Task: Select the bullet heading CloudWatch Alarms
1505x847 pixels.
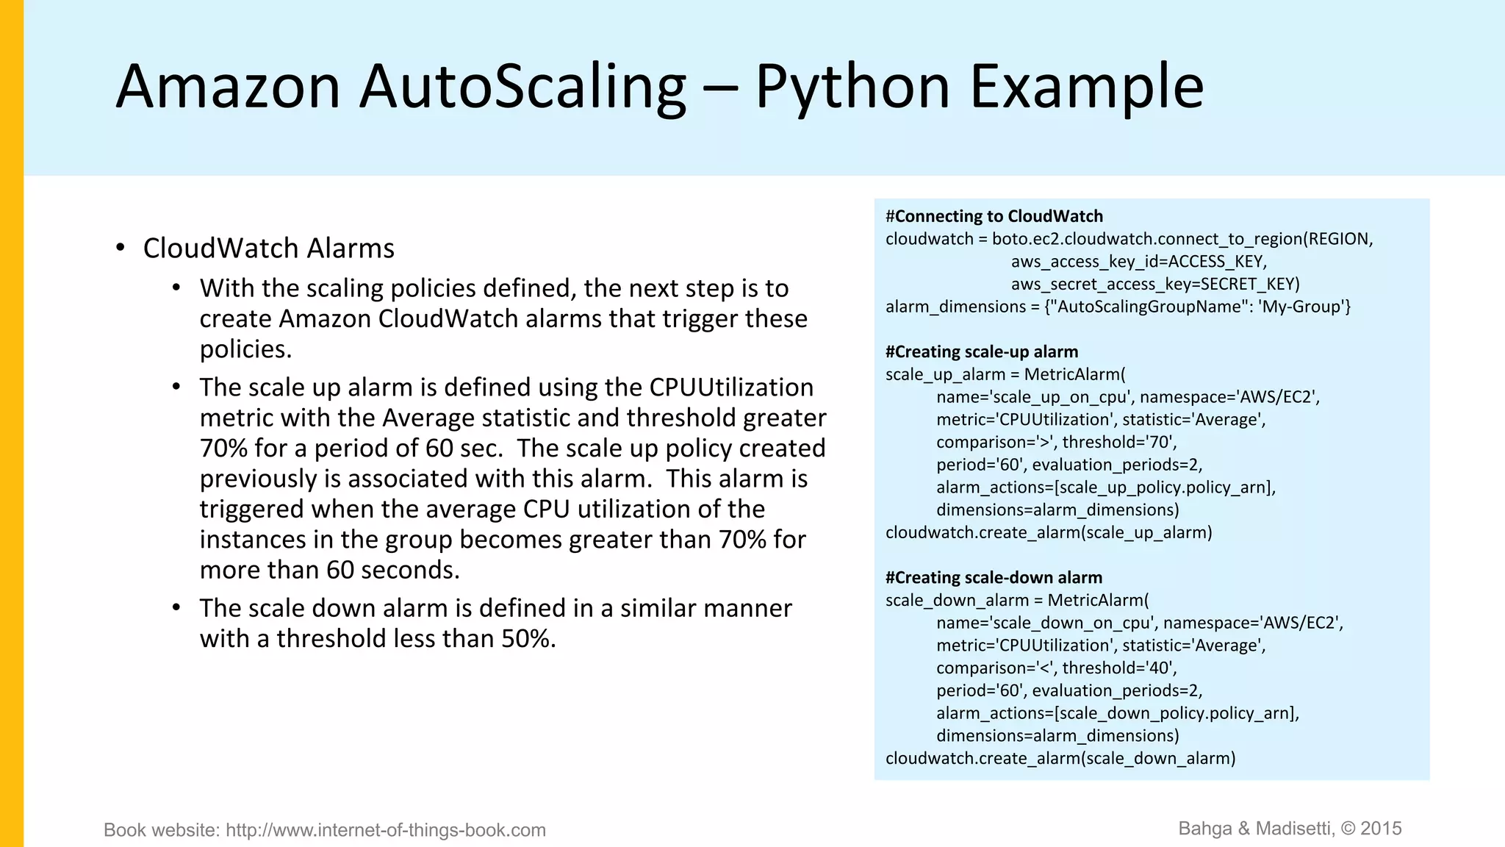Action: (268, 249)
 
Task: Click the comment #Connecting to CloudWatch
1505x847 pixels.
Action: (994, 216)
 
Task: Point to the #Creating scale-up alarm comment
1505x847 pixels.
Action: (982, 351)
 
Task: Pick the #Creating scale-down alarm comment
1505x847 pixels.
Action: (994, 577)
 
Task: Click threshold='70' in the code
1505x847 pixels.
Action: (1119, 442)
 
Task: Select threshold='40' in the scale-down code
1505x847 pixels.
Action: (1119, 668)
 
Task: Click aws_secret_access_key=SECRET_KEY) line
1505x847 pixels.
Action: (1155, 284)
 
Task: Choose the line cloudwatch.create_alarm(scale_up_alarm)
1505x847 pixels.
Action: (1049, 532)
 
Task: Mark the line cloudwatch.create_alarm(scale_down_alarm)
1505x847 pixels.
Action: (1060, 758)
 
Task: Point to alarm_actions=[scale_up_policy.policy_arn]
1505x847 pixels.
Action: (1105, 487)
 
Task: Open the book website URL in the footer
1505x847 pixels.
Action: (386, 830)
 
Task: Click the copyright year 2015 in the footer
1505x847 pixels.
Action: (1381, 829)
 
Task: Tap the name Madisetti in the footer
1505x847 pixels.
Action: (1293, 829)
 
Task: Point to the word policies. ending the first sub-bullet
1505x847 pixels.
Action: (245, 349)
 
